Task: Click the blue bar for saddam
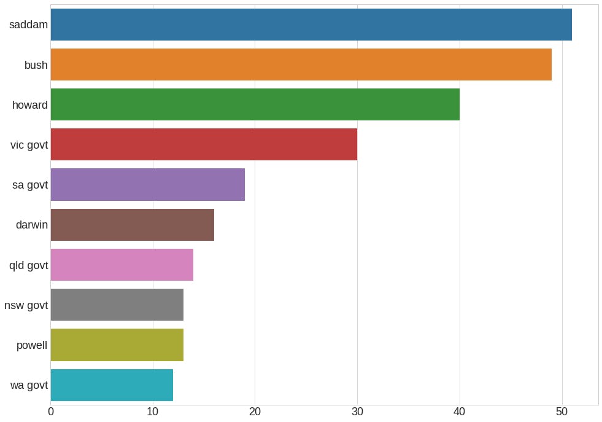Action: click(x=311, y=25)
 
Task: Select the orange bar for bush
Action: click(x=301, y=64)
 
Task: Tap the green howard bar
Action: click(x=255, y=104)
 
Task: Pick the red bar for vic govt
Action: click(x=204, y=145)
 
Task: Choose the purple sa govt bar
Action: click(x=147, y=184)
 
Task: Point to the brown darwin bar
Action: click(x=132, y=225)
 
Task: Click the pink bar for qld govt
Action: click(x=122, y=265)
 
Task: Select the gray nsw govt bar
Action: click(x=117, y=305)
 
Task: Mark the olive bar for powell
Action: click(x=117, y=345)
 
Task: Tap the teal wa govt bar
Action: click(x=112, y=385)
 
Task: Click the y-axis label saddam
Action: click(x=29, y=25)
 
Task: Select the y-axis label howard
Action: click(x=30, y=105)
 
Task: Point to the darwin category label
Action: click(x=32, y=225)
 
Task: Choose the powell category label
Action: click(x=32, y=345)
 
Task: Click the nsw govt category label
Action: click(x=26, y=305)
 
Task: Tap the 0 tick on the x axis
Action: click(x=51, y=412)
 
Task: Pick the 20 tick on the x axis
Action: click(x=255, y=412)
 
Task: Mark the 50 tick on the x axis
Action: click(x=561, y=412)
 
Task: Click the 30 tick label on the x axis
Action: click(x=357, y=412)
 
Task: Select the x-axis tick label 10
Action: click(x=153, y=412)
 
